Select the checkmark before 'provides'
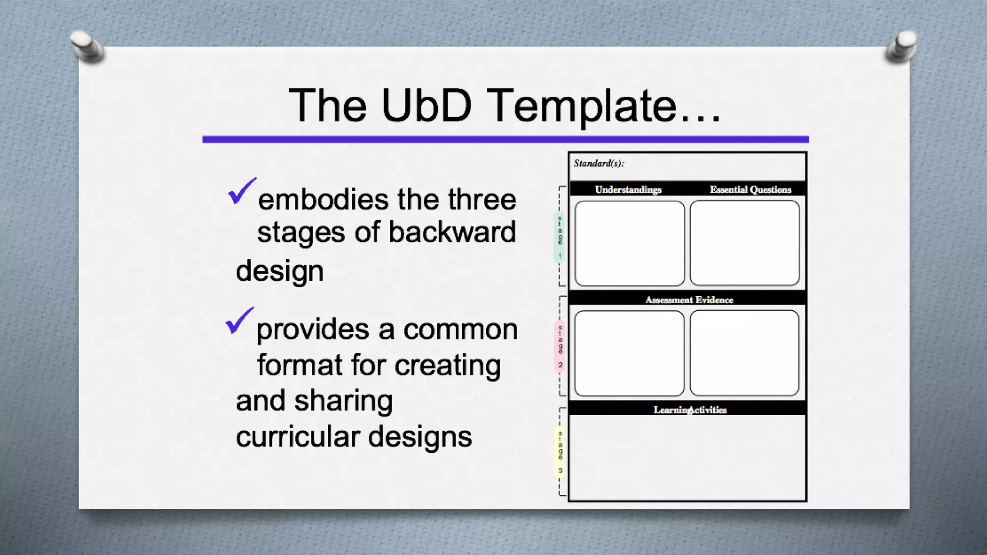[239, 320]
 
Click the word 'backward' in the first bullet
[452, 232]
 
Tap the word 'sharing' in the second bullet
[343, 401]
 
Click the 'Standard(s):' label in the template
[599, 163]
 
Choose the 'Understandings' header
[628, 189]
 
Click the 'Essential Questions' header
[750, 189]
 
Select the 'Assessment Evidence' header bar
[689, 300]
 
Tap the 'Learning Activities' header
[690, 410]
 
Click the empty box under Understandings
[629, 243]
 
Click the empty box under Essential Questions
[745, 243]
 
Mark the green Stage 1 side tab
[560, 237]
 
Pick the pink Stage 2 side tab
[560, 346]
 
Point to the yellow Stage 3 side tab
[560, 451]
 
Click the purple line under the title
[505, 139]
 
